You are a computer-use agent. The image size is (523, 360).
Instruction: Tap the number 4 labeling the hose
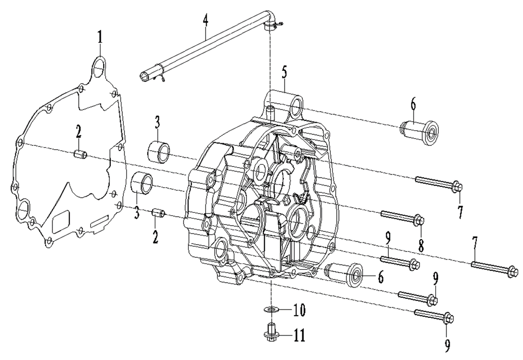[x=205, y=18]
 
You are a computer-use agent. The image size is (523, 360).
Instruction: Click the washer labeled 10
[x=271, y=309]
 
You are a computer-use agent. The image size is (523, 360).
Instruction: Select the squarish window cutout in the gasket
[x=61, y=221]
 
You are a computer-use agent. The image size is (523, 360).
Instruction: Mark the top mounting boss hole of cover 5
[x=295, y=107]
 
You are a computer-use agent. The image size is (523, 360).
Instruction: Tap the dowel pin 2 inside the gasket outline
[x=81, y=154]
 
